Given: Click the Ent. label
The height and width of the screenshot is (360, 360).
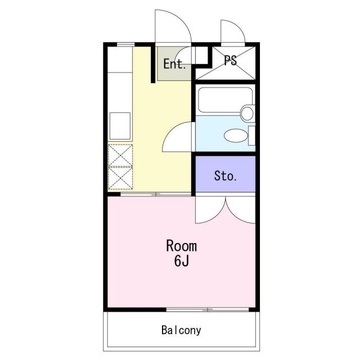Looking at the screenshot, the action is tap(174, 64).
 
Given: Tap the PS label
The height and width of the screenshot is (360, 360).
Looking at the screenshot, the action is tap(230, 61).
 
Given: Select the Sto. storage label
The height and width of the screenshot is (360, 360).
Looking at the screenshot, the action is tap(225, 176).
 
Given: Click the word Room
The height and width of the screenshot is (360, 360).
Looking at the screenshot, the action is tap(181, 246).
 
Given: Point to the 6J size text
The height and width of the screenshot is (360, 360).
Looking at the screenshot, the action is tap(181, 261).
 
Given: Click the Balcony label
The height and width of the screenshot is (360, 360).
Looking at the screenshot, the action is tap(181, 330).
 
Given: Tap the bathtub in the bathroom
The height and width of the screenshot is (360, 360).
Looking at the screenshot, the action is tap(225, 100).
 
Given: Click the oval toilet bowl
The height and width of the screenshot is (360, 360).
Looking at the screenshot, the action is tap(236, 136).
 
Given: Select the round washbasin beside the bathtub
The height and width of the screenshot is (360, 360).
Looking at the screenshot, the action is tap(247, 113).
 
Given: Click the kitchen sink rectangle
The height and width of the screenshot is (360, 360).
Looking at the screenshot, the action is tap(120, 126).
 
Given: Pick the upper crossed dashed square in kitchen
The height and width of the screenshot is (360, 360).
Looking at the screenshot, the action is tap(120, 155).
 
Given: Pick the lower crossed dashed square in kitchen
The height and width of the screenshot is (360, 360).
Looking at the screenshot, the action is tap(120, 178).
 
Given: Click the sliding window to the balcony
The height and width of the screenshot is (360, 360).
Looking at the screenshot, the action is tap(208, 310).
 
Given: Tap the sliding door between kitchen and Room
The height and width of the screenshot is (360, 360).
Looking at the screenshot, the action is tap(156, 195).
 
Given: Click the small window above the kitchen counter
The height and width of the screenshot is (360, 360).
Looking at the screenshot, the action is tap(125, 44).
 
